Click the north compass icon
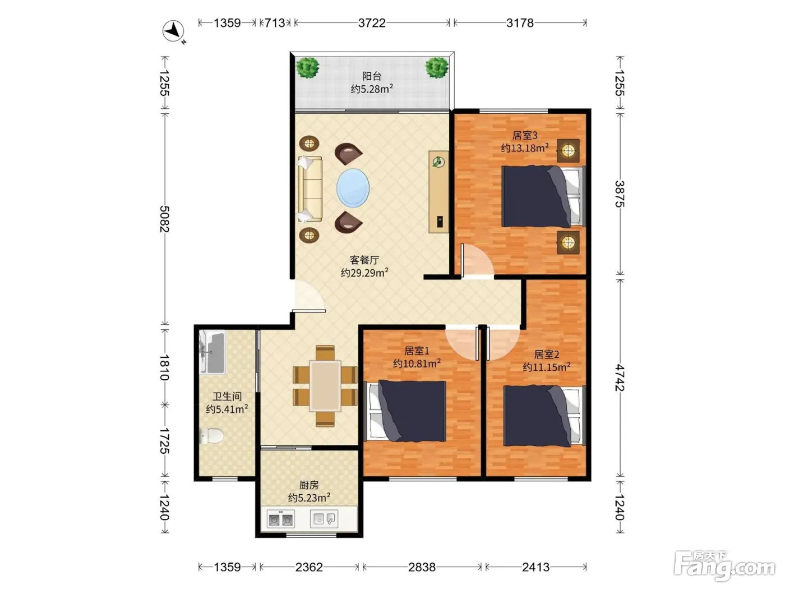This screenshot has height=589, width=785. tap(173, 31)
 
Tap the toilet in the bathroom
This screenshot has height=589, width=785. tap(211, 436)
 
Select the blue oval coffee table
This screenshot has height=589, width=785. tap(353, 188)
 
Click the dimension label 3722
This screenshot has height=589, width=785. tap(372, 23)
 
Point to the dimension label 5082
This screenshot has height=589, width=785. tap(164, 219)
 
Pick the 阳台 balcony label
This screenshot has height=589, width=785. tap(372, 76)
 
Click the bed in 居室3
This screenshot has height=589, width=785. tap(543, 196)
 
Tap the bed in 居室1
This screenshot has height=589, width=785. tap(405, 411)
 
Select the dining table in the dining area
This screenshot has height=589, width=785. tap(325, 386)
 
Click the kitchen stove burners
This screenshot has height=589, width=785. tap(281, 519)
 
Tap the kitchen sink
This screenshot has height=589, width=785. tap(324, 518)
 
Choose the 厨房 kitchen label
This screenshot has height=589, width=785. tap(308, 485)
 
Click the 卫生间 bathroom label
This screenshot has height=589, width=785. tap(227, 396)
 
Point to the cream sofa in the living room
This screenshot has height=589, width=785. tap(310, 189)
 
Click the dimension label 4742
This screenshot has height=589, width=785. tap(620, 378)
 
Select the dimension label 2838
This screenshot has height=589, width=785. tap(422, 567)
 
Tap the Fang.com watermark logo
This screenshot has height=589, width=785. tap(724, 566)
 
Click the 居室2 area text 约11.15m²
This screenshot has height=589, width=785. tap(547, 367)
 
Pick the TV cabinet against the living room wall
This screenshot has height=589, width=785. tap(439, 192)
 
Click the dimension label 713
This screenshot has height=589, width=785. tap(275, 23)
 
